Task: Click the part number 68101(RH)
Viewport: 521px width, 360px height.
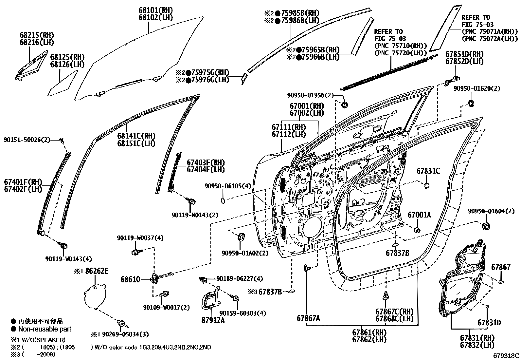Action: (x=156, y=10)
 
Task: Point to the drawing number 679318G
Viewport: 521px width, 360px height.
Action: (x=506, y=355)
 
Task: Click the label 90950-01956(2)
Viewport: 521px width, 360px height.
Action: (x=310, y=95)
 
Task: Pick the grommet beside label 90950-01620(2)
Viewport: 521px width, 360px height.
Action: (x=471, y=103)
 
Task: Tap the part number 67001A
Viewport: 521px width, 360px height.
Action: (x=419, y=215)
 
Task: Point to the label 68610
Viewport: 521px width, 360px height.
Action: (x=130, y=279)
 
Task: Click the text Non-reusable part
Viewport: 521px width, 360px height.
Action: (x=45, y=329)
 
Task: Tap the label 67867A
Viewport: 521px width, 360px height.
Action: (x=308, y=318)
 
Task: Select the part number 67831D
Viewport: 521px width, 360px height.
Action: (x=489, y=323)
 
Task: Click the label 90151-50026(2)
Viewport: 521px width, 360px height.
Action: (x=27, y=140)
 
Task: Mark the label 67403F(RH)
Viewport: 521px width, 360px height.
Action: (x=206, y=162)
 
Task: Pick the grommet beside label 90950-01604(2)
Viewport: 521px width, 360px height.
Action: (x=486, y=226)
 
